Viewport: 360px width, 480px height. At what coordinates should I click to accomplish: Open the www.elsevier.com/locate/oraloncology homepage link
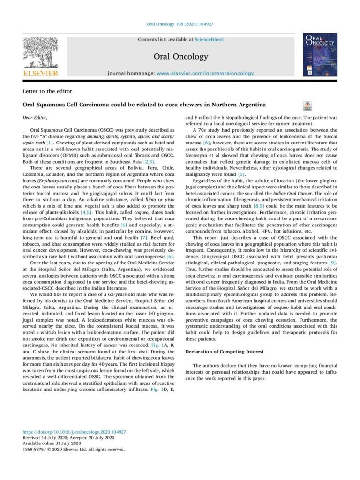click(205, 73)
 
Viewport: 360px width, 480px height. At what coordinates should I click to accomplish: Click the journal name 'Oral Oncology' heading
click(180, 57)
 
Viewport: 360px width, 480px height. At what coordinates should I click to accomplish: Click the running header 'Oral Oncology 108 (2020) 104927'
click(180, 25)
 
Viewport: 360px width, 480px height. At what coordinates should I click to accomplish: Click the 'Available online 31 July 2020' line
click(52, 443)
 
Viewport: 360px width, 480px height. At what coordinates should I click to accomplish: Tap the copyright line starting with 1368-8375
click(74, 449)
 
